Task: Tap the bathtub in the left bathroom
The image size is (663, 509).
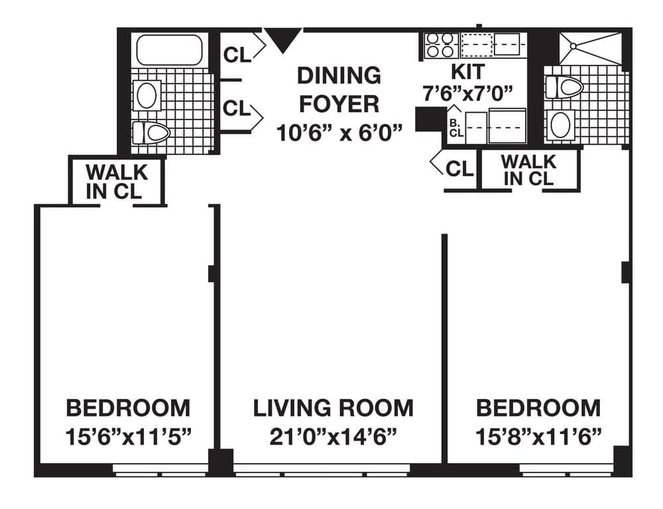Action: coord(168,50)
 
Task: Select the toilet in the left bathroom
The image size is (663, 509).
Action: coord(151,132)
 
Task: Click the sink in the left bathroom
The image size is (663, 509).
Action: coord(147,95)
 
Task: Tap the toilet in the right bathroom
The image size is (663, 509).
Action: coord(563,87)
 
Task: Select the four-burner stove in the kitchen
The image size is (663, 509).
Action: coord(440,44)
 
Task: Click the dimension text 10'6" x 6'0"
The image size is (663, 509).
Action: coord(339,133)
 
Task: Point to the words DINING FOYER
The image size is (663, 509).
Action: coord(339,90)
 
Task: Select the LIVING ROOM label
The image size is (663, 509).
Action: coord(333,407)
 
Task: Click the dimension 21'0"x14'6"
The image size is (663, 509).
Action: coord(333,437)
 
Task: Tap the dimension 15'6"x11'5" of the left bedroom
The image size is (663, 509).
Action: coord(128,437)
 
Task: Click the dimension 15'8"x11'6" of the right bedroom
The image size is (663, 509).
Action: coord(538,437)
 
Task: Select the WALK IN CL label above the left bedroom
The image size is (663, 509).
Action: coord(117,181)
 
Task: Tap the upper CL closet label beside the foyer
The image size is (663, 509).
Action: coord(237,54)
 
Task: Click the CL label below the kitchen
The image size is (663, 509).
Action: coord(459,169)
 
